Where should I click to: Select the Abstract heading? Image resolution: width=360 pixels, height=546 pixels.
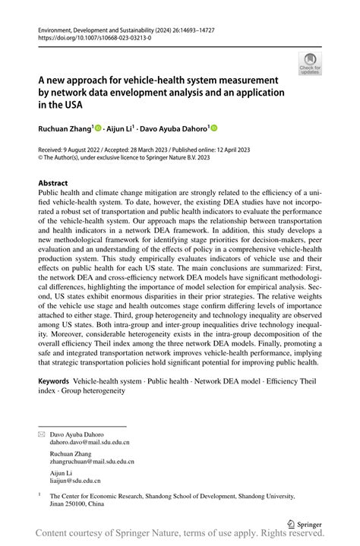pos(53,184)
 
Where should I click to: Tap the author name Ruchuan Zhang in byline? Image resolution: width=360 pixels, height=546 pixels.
pos(64,130)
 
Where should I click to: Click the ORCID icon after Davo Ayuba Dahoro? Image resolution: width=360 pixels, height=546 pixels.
pos(214,130)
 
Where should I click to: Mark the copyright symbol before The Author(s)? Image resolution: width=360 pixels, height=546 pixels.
pos(41,160)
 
